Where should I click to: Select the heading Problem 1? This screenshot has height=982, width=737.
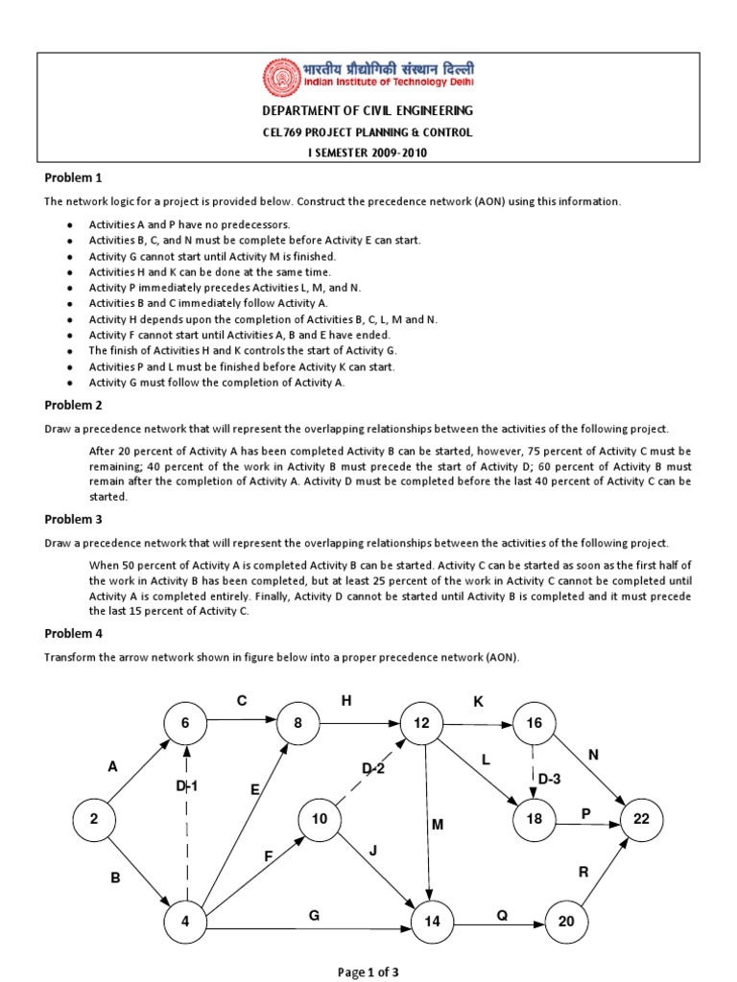[x=73, y=178]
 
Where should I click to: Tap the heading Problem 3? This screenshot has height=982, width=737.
[x=73, y=519]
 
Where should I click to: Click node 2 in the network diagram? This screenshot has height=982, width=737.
[x=94, y=819]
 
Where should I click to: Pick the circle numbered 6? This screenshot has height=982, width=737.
[x=185, y=723]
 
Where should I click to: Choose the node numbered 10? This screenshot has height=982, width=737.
[x=320, y=819]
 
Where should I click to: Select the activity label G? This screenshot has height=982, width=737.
[x=313, y=916]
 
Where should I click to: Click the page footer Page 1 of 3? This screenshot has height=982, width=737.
[x=368, y=971]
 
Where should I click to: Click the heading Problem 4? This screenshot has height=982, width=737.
[x=73, y=634]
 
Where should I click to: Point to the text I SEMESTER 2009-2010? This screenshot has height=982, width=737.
[x=368, y=152]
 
